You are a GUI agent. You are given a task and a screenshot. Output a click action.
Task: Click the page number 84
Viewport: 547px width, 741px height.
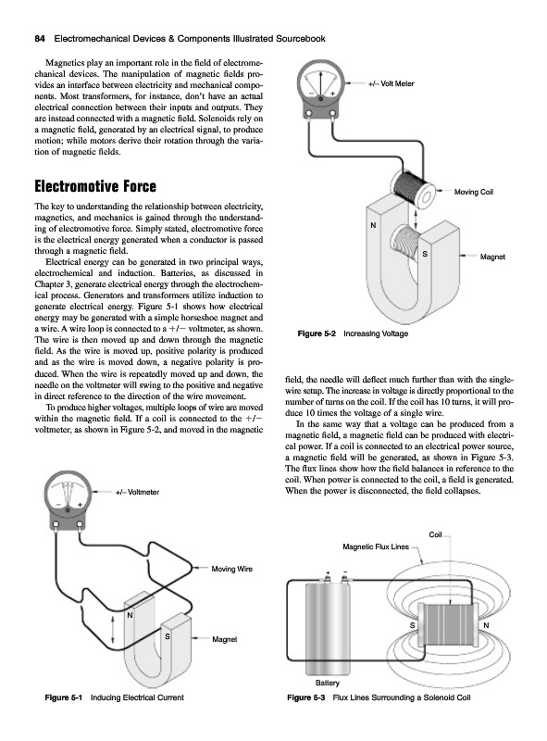pyautogui.click(x=40, y=39)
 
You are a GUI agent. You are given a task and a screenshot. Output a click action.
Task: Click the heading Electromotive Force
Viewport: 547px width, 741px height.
pyautogui.click(x=95, y=186)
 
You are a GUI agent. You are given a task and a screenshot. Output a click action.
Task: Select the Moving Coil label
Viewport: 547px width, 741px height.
pyautogui.click(x=473, y=192)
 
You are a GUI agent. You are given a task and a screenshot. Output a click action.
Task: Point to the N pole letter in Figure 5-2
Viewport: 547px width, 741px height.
pyautogui.click(x=373, y=225)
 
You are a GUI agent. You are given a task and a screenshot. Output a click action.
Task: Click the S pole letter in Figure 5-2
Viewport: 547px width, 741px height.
pyautogui.click(x=425, y=254)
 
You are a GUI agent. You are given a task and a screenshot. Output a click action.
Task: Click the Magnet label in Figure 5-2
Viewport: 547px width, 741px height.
pyautogui.click(x=492, y=257)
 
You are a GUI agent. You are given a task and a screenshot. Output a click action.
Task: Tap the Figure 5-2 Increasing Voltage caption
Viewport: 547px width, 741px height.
pyautogui.click(x=353, y=333)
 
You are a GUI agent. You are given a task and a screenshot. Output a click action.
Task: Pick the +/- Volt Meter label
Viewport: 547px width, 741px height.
pyautogui.click(x=391, y=83)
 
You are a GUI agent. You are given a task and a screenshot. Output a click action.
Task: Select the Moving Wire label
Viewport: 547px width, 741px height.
pyautogui.click(x=231, y=569)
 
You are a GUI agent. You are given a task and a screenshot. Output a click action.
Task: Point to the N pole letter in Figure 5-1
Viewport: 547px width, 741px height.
pyautogui.click(x=130, y=616)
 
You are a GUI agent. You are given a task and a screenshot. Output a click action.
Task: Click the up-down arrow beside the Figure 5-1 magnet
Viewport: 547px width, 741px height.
pyautogui.click(x=113, y=630)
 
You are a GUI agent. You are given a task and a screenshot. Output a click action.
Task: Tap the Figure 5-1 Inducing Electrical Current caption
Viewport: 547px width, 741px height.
pyautogui.click(x=114, y=697)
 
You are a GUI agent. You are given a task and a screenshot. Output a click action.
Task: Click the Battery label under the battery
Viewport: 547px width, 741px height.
pyautogui.click(x=327, y=683)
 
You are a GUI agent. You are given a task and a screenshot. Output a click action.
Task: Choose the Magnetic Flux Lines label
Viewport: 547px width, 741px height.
pyautogui.click(x=376, y=546)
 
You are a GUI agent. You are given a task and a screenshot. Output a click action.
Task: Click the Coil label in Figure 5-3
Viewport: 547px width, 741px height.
pyautogui.click(x=435, y=534)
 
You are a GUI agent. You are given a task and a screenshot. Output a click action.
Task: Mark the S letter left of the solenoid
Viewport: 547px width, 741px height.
pyautogui.click(x=412, y=626)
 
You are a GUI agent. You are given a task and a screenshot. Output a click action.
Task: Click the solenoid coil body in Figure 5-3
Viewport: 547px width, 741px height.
pyautogui.click(x=449, y=626)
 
